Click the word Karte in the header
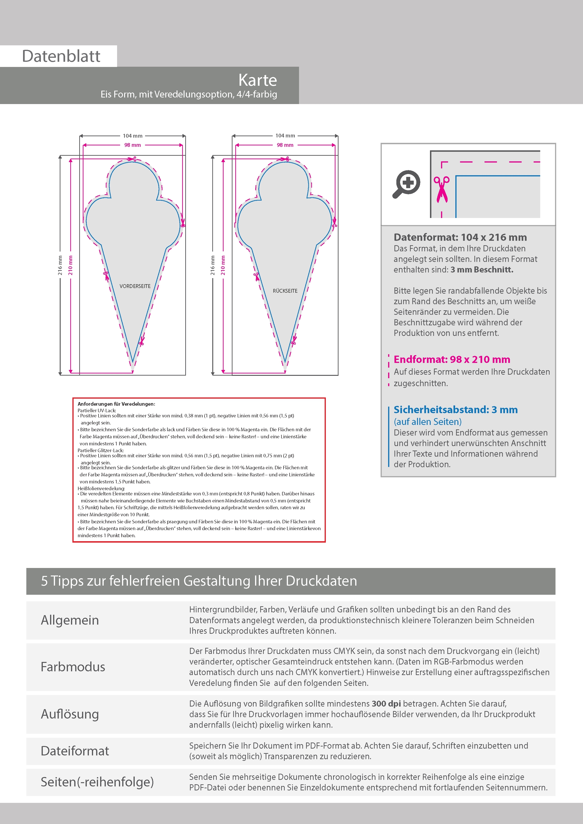click(x=258, y=80)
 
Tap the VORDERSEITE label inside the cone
click(x=135, y=286)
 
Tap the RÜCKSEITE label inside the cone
click(x=285, y=291)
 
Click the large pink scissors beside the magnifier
click(x=441, y=189)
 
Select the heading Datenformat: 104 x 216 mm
click(x=460, y=237)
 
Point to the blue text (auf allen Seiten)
click(x=427, y=421)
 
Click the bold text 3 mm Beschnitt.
click(x=482, y=269)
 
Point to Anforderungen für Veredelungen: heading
click(x=116, y=404)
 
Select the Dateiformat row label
click(x=75, y=751)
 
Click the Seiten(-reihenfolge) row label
click(x=97, y=782)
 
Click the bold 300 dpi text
click(x=386, y=704)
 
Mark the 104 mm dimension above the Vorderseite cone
click(x=133, y=136)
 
